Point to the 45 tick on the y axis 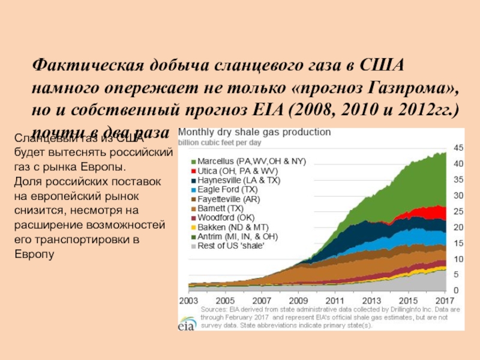click(x=458, y=148)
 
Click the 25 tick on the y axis click(x=458, y=211)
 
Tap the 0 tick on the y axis click(x=455, y=290)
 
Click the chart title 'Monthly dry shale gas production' click(x=254, y=131)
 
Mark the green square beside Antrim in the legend click(x=194, y=236)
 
